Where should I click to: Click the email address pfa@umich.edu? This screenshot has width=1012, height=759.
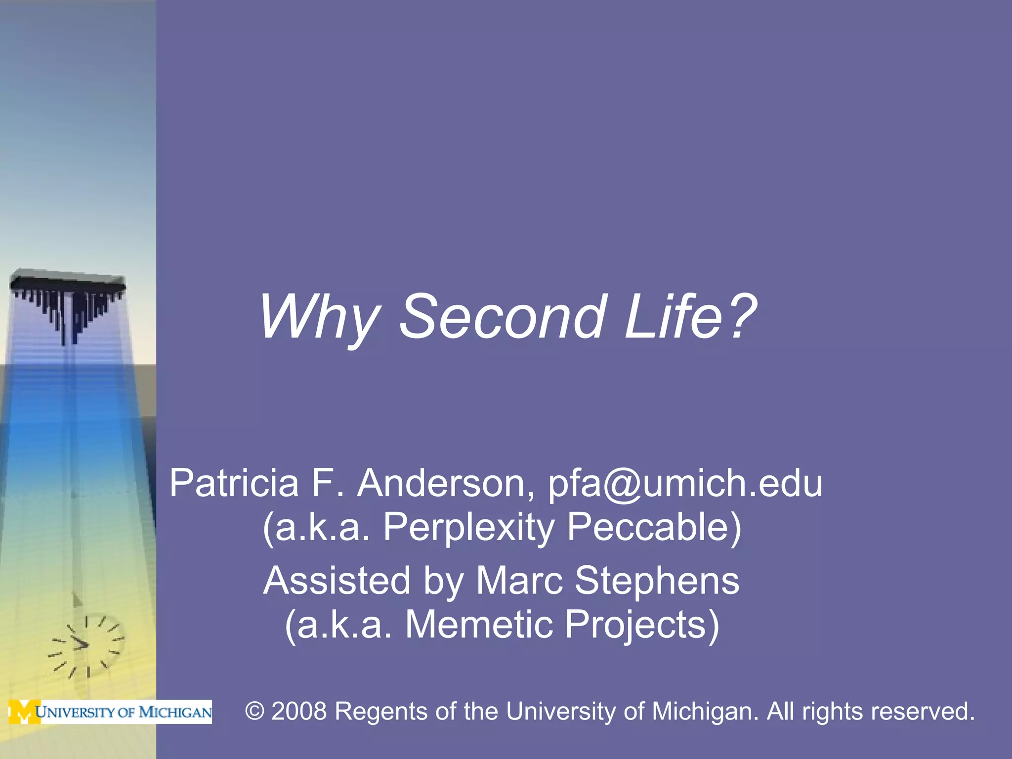click(x=685, y=483)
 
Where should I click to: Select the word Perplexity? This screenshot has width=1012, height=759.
click(x=468, y=527)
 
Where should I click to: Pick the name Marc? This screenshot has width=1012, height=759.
click(x=519, y=581)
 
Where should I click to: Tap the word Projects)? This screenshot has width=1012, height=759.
click(x=642, y=625)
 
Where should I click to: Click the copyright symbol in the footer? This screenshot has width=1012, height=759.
click(x=255, y=712)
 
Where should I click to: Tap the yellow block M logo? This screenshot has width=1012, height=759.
click(x=24, y=712)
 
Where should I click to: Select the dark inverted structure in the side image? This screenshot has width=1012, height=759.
click(x=68, y=301)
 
